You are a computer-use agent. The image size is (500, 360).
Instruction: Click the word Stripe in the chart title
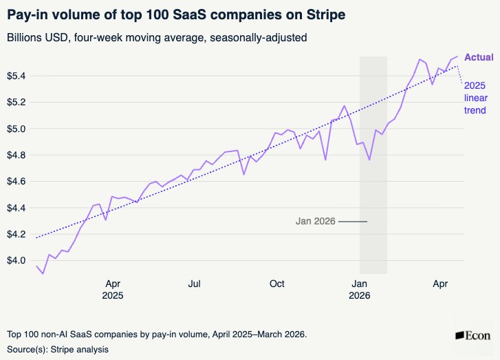pyautogui.click(x=326, y=15)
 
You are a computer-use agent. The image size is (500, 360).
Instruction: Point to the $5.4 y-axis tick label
pyautogui.click(x=17, y=76)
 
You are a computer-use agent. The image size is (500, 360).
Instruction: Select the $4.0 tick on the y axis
pyautogui.click(x=17, y=260)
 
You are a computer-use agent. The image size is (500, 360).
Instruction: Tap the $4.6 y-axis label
pyautogui.click(x=17, y=181)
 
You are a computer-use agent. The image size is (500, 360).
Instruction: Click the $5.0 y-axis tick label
pyautogui.click(x=17, y=129)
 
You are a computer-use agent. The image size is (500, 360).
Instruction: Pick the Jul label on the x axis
pyautogui.click(x=194, y=284)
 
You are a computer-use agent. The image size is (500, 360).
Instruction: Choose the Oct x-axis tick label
pyautogui.click(x=276, y=284)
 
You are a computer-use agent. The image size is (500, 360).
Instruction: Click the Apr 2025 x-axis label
pyautogui.click(x=113, y=290)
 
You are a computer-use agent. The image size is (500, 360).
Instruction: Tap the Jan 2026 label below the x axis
pyautogui.click(x=360, y=290)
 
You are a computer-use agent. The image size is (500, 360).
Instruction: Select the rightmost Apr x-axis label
pyautogui.click(x=440, y=284)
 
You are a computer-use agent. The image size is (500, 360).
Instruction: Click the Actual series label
pyautogui.click(x=479, y=57)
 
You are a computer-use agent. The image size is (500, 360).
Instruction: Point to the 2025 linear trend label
pyautogui.click(x=475, y=98)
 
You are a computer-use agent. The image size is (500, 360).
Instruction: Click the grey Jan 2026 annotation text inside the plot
pyautogui.click(x=316, y=221)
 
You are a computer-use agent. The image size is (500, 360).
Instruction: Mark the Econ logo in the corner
pyautogui.click(x=473, y=336)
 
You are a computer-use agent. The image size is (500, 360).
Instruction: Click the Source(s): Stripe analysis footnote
pyautogui.click(x=58, y=350)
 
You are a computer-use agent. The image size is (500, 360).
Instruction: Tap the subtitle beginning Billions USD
pyautogui.click(x=157, y=38)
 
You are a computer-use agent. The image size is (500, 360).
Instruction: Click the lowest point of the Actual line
pyautogui.click(x=43, y=274)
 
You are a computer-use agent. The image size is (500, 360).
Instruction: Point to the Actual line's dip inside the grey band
pyautogui.click(x=369, y=160)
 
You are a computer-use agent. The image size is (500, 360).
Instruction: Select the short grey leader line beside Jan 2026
pyautogui.click(x=353, y=222)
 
